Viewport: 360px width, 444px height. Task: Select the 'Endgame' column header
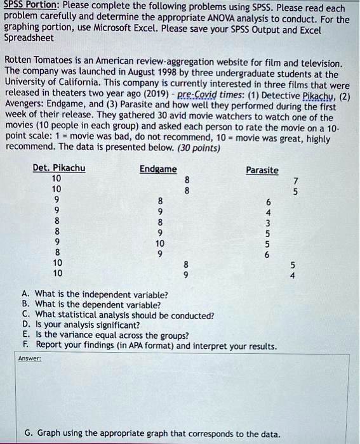point(158,169)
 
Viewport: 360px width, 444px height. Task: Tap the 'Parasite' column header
point(262,170)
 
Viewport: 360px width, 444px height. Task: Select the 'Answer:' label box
point(30,358)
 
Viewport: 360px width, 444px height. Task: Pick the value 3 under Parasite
point(267,223)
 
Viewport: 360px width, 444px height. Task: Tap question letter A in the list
point(25,295)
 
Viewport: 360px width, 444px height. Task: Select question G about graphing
point(152,433)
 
